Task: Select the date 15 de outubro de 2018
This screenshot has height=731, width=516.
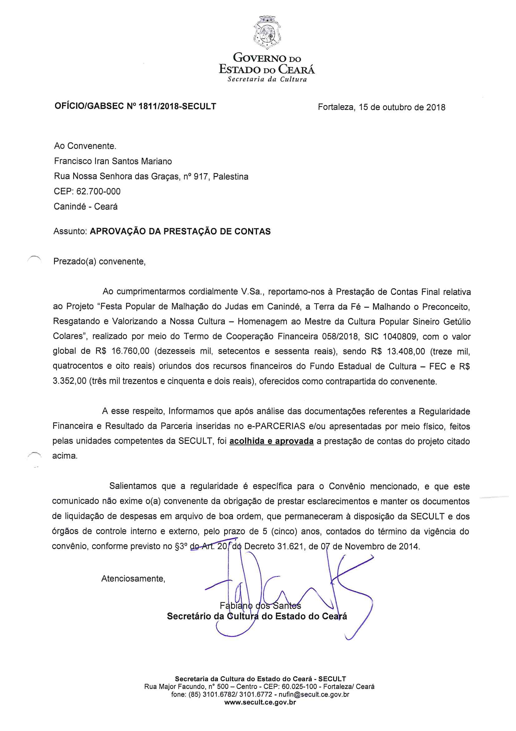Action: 402,107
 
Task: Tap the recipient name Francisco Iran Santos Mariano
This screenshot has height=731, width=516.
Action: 113,161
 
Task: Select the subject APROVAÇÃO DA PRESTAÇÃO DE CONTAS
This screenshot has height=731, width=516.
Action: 180,231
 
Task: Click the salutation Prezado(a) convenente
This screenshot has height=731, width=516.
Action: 99,261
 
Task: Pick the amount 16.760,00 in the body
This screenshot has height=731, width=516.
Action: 130,351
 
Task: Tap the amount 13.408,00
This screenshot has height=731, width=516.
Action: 406,351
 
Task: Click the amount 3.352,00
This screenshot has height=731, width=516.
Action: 69,381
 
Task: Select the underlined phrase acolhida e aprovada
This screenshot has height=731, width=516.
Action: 271,441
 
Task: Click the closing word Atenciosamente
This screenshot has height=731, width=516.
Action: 133,578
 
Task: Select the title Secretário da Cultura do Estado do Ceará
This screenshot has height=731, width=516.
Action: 257,616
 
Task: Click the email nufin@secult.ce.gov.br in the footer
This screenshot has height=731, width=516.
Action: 314,694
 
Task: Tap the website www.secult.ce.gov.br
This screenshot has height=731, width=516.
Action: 260,702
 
